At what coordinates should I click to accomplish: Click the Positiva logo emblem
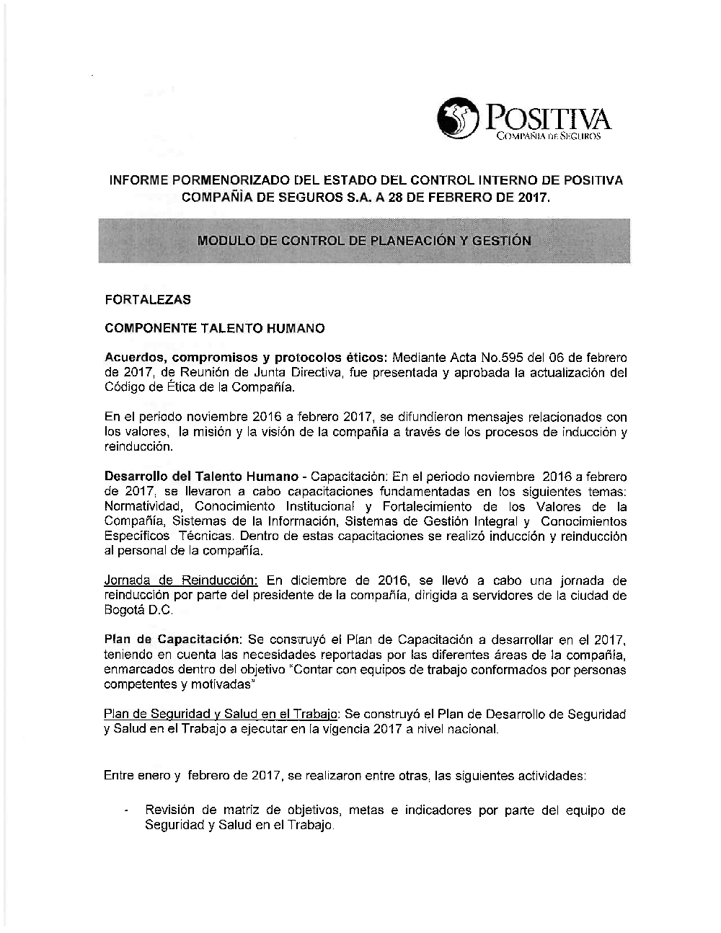[x=459, y=119]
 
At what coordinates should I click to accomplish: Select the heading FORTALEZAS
[x=147, y=299]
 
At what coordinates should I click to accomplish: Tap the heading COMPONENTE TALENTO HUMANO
[x=214, y=329]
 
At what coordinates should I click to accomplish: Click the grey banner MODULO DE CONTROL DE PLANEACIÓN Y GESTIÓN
[x=364, y=241]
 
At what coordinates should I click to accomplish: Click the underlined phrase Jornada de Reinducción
[x=181, y=580]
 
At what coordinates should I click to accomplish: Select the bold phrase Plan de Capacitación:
[x=172, y=640]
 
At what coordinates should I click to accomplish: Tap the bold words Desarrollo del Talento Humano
[x=201, y=477]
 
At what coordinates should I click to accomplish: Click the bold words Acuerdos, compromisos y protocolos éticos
[x=246, y=358]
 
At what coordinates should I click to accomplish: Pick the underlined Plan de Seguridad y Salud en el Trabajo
[x=221, y=715]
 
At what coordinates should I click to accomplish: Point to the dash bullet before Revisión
[x=126, y=811]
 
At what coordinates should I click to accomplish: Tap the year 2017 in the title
[x=534, y=196]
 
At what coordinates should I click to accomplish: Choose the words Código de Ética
[x=154, y=387]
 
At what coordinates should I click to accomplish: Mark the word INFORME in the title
[x=137, y=180]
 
